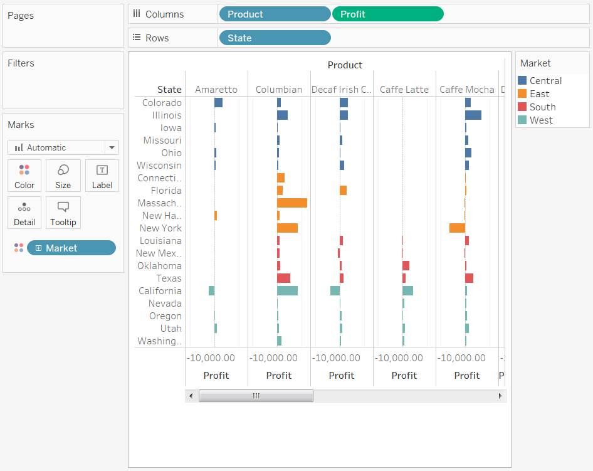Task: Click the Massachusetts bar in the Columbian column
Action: (x=292, y=203)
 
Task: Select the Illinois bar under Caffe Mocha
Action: (x=473, y=115)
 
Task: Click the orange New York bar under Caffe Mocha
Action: (x=457, y=228)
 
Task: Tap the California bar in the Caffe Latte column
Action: (x=407, y=291)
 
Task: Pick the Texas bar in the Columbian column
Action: (x=283, y=278)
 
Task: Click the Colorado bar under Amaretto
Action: (x=218, y=103)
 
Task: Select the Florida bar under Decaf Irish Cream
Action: (x=343, y=191)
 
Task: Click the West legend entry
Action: (x=540, y=120)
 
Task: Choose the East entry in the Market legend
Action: (x=539, y=94)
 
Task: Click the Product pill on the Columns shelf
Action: (x=274, y=14)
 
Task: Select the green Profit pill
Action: (x=387, y=14)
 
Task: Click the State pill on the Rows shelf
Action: (x=274, y=38)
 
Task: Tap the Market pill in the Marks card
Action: (x=71, y=248)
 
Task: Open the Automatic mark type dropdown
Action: (x=63, y=148)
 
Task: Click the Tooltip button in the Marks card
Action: (x=63, y=213)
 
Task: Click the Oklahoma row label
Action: (x=159, y=266)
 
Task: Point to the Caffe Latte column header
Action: (x=404, y=90)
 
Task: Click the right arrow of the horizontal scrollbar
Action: (x=500, y=396)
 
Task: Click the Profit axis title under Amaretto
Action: (x=216, y=376)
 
